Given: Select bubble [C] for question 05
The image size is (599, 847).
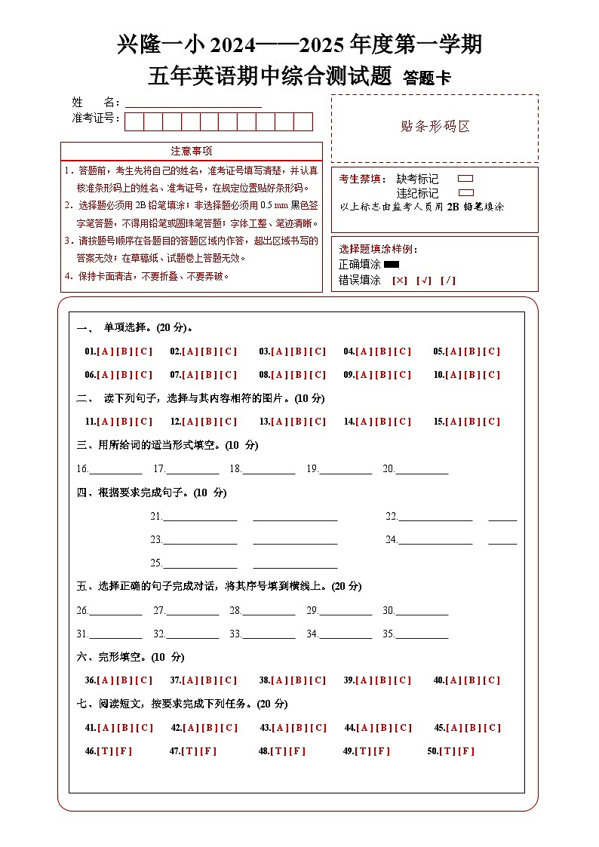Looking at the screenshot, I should [x=492, y=351].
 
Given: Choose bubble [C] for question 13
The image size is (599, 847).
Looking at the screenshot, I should [x=318, y=422].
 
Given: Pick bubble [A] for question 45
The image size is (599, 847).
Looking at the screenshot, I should [x=453, y=728].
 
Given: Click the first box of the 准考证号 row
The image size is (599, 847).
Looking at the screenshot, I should [x=134, y=121].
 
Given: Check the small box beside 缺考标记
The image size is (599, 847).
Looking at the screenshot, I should [x=465, y=179].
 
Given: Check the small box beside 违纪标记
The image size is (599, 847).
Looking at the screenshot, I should [x=465, y=193].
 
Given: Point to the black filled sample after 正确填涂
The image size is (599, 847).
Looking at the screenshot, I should [x=392, y=265].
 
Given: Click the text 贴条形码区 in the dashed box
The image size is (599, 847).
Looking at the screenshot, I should [x=435, y=127].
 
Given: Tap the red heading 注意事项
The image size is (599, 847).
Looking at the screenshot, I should [x=192, y=151].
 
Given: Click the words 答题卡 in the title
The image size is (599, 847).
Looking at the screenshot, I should [x=427, y=78].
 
